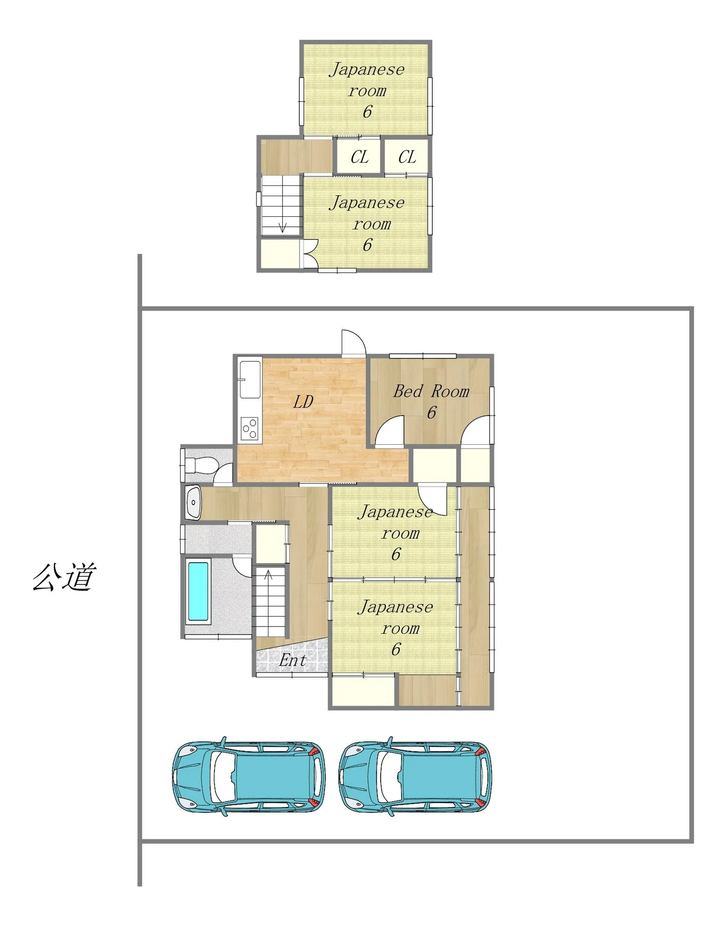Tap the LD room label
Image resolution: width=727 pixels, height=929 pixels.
(x=303, y=402)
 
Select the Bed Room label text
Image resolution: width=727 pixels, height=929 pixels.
(x=431, y=391)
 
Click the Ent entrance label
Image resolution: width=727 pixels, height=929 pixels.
(x=293, y=660)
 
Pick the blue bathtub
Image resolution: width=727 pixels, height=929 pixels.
(x=198, y=591)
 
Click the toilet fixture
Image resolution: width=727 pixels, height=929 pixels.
(x=201, y=465)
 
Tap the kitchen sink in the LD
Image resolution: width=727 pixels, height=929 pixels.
(x=250, y=379)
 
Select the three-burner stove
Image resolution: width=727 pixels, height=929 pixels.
(x=250, y=429)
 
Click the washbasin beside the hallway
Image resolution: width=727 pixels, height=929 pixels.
(x=193, y=503)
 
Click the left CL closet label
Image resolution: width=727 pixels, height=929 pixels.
(x=360, y=157)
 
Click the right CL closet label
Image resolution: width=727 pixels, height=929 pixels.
(x=407, y=157)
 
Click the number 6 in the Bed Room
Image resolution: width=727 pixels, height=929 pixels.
(x=432, y=413)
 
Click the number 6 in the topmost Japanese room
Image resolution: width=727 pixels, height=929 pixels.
(x=367, y=112)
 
